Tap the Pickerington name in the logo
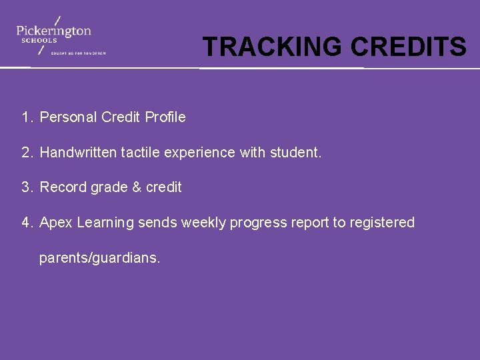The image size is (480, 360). coord(54,31)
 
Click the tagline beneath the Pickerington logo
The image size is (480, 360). coord(79,53)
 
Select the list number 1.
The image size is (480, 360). coord(26,117)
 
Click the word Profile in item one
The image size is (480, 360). coord(165,117)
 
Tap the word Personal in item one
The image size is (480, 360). coord(69,117)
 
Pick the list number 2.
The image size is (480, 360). coord(26,153)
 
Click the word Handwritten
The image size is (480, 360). coord(78,153)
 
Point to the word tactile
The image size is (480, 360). coord(140,153)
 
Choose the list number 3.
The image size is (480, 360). coord(26,187)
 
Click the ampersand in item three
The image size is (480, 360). coord(137,187)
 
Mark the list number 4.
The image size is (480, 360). coord(26,223)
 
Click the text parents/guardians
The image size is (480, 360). coord(100,258)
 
